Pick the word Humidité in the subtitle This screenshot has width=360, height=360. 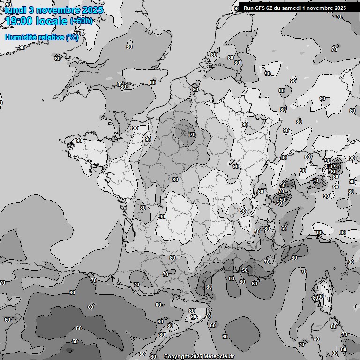(x=21, y=37)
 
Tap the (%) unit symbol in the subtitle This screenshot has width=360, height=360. (x=72, y=37)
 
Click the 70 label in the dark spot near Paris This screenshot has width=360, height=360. (x=193, y=135)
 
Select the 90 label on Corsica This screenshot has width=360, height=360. (x=321, y=297)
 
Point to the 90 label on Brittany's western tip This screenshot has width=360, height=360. (x=79, y=140)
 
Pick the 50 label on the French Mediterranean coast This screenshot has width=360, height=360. (x=244, y=270)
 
